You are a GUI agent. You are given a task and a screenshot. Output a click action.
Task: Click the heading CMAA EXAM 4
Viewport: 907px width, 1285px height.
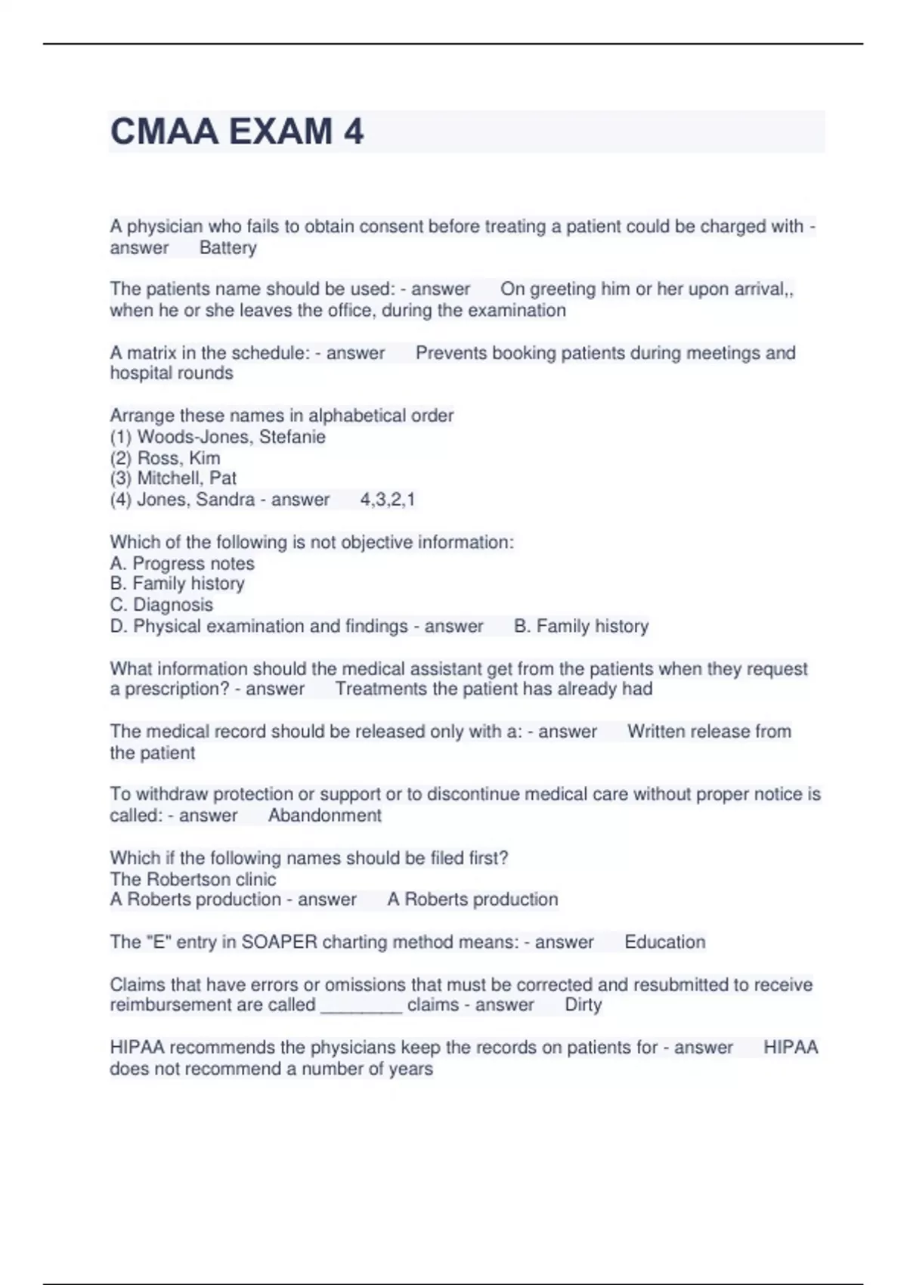(237, 132)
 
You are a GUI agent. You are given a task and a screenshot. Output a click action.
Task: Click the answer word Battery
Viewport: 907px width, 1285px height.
(228, 248)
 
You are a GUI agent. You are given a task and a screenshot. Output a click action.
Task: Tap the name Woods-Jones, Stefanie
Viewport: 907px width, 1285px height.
(231, 437)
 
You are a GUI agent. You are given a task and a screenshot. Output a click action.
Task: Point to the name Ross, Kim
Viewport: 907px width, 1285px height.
(178, 458)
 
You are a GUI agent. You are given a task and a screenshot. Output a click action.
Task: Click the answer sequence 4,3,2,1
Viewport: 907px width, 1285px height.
(387, 500)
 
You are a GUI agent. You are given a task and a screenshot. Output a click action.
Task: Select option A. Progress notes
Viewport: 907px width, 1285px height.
(182, 563)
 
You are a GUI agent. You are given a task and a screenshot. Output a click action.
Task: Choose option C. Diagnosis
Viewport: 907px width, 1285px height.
(162, 605)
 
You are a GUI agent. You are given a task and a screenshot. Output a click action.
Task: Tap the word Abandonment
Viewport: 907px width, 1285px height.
(324, 816)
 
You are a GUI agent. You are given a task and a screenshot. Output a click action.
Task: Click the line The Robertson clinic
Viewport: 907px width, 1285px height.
(193, 879)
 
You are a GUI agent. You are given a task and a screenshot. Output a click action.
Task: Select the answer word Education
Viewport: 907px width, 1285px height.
(664, 943)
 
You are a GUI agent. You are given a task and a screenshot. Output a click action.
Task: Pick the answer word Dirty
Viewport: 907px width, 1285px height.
(583, 1005)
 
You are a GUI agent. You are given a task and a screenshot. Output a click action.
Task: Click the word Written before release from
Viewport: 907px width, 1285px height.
(656, 732)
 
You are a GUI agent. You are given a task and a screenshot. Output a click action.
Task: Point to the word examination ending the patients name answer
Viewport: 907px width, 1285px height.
(517, 311)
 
